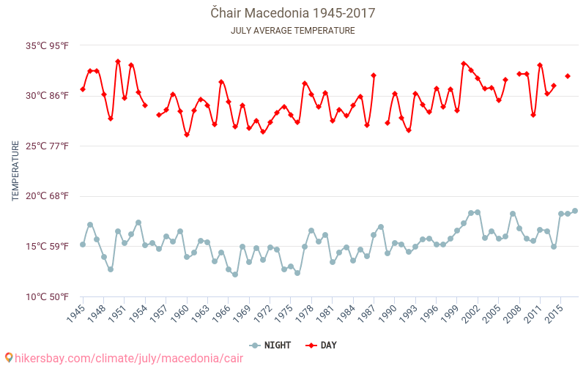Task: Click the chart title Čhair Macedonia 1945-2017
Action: coord(292,13)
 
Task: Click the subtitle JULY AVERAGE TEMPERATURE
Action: coord(292,31)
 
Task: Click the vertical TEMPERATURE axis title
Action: coord(15,171)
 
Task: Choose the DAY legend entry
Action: coord(321,346)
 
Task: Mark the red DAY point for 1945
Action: coord(83,89)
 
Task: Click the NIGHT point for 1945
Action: coord(83,244)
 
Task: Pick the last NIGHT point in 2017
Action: coord(575,211)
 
